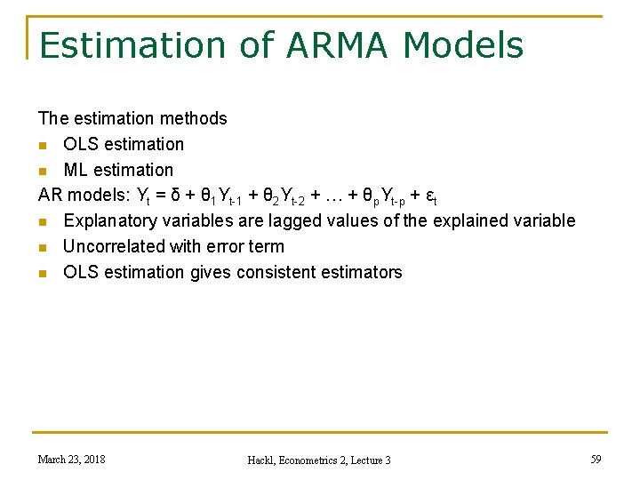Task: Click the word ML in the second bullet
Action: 76,170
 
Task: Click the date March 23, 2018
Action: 71,459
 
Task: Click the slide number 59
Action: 596,459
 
